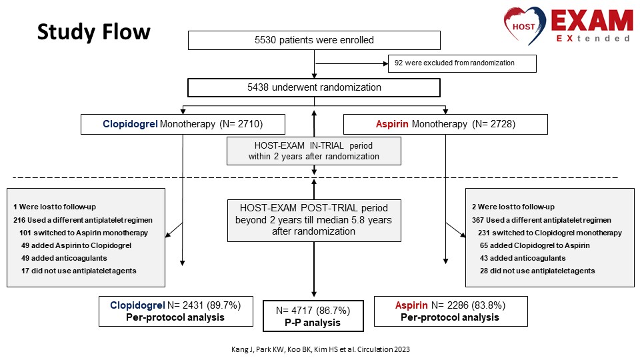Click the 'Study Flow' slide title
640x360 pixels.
click(x=94, y=32)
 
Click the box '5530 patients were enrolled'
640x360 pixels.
click(x=314, y=40)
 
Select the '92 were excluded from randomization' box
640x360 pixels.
click(x=462, y=63)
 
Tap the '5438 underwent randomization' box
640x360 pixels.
click(x=314, y=87)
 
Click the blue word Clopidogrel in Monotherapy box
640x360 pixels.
click(x=130, y=124)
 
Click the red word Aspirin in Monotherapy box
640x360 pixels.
click(x=392, y=124)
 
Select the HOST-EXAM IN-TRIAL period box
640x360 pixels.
click(x=314, y=151)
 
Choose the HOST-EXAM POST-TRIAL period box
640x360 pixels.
click(x=314, y=221)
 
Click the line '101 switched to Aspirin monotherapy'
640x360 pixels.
click(x=84, y=233)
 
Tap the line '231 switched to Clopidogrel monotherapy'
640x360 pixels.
click(x=550, y=233)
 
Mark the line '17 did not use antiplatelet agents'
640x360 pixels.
click(x=79, y=271)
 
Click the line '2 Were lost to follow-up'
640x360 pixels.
click(x=513, y=207)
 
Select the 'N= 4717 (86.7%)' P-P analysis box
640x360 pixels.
click(x=313, y=316)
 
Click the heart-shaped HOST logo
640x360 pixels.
click(x=525, y=25)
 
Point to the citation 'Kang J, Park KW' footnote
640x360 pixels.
click(x=321, y=349)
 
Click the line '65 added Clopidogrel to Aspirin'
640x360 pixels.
click(x=535, y=245)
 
